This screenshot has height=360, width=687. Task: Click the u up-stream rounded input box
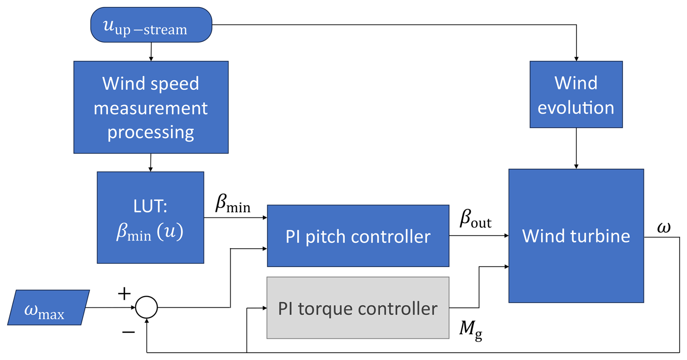pyautogui.click(x=151, y=25)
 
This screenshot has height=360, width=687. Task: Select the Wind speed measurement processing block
pyautogui.click(x=151, y=107)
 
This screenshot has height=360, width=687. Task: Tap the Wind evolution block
pyautogui.click(x=576, y=94)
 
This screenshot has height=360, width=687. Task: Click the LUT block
pyautogui.click(x=150, y=218)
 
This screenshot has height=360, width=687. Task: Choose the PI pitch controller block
pyautogui.click(x=358, y=236)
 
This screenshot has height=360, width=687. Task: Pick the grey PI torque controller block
pyautogui.click(x=358, y=308)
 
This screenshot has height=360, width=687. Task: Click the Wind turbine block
pyautogui.click(x=576, y=236)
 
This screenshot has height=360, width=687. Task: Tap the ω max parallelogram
pyautogui.click(x=48, y=307)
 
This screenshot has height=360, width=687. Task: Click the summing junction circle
pyautogui.click(x=146, y=307)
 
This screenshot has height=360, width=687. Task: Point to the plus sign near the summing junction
pyautogui.click(x=124, y=294)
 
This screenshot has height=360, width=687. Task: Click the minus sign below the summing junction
pyautogui.click(x=129, y=332)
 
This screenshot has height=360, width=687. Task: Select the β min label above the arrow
pyautogui.click(x=232, y=203)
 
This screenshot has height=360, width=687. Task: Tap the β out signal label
pyautogui.click(x=475, y=219)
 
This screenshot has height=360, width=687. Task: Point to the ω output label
pyautogui.click(x=664, y=228)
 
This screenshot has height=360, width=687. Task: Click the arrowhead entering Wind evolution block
pyautogui.click(x=576, y=58)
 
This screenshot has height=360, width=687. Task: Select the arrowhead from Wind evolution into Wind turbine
pyautogui.click(x=576, y=166)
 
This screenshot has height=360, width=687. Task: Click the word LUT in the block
pyautogui.click(x=150, y=206)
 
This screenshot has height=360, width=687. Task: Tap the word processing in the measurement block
pyautogui.click(x=150, y=132)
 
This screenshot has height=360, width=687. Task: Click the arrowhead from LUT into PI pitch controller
pyautogui.click(x=265, y=218)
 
